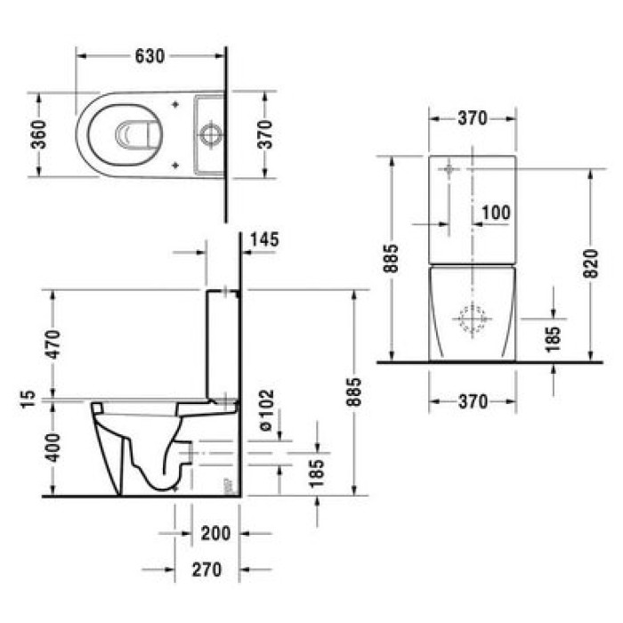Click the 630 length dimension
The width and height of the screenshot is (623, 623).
click(150, 55)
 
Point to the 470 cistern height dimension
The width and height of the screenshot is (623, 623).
click(53, 344)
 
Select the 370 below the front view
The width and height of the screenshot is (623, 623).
click(472, 402)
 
